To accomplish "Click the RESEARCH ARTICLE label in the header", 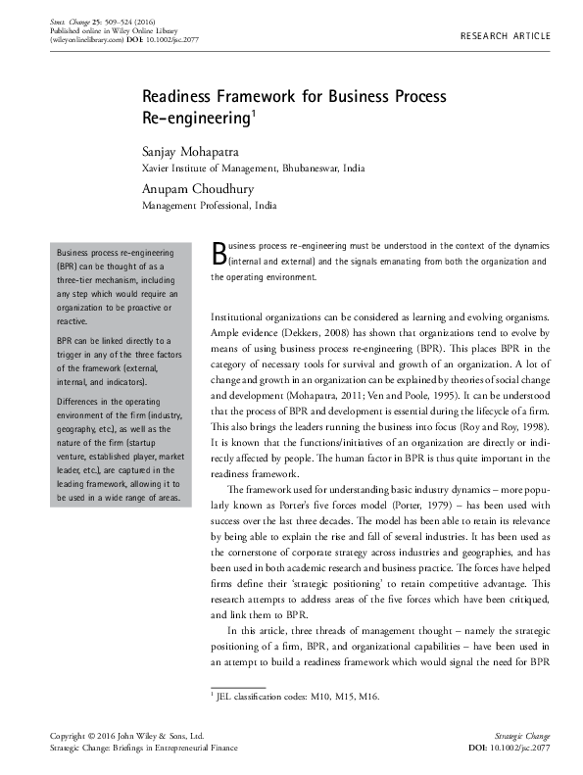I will tap(506, 36).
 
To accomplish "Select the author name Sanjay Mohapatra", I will tap(196, 151).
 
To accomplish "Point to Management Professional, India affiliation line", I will tap(210, 207).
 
